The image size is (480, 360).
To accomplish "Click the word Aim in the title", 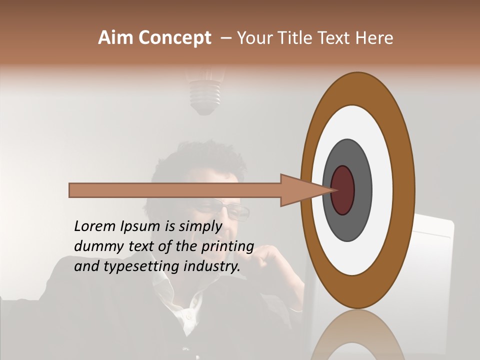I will click(x=116, y=38).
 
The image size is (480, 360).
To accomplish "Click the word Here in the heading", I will click(x=374, y=38).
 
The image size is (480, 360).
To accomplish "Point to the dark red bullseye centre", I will click(x=343, y=190).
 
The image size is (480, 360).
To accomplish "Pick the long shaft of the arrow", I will click(x=175, y=190).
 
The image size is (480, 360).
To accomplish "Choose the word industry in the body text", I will click(x=212, y=266).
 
